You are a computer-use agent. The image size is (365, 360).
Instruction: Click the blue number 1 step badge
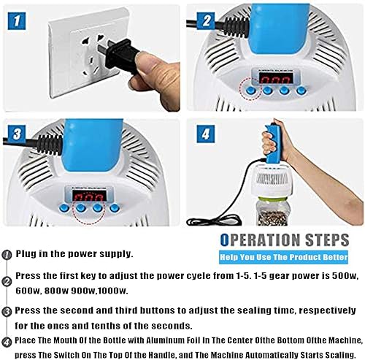17,21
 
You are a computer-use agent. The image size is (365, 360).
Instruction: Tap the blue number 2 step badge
206,21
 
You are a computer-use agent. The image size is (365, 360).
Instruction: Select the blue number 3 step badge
17,134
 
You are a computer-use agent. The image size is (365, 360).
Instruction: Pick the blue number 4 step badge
206,134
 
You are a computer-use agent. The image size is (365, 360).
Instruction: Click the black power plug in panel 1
119,55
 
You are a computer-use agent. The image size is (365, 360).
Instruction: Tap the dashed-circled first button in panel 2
250,91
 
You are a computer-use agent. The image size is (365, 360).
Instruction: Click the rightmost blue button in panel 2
301,91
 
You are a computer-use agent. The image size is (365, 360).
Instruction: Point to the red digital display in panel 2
276,78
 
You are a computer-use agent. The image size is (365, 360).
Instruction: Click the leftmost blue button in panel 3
64,208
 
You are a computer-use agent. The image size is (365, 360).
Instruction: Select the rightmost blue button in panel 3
115,208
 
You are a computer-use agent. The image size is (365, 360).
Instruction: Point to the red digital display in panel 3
89,196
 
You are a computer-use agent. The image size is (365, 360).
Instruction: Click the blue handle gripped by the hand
272,144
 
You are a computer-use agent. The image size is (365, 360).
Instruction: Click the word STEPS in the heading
327,240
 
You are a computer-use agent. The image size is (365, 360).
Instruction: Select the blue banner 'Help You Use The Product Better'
283,257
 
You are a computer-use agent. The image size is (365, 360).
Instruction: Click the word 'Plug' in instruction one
26,254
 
